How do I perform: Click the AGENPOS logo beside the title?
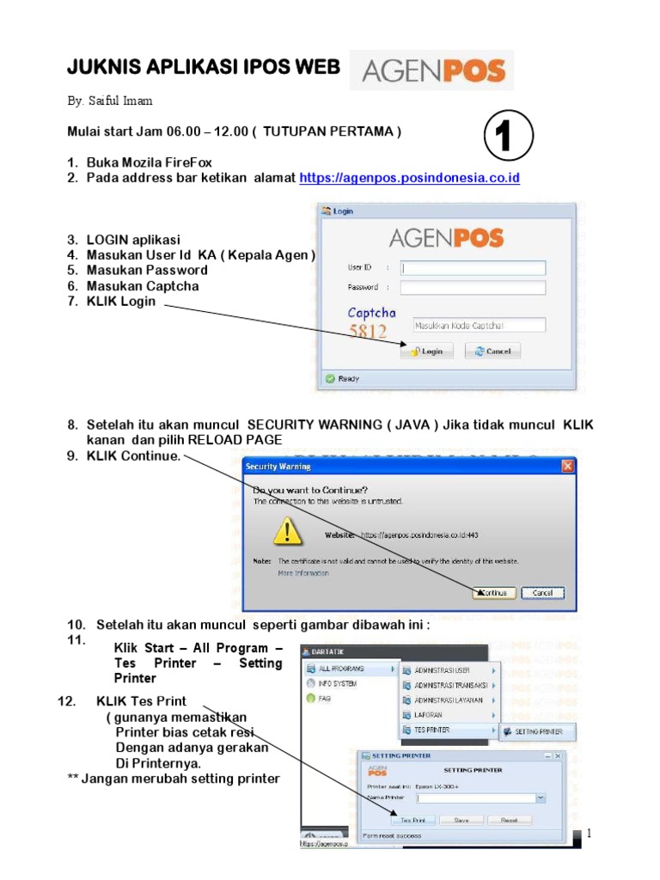(x=433, y=70)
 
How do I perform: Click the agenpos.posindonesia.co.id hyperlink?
(x=409, y=178)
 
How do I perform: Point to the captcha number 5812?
(x=368, y=331)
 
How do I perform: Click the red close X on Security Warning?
(x=567, y=466)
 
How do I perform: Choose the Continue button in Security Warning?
(x=494, y=593)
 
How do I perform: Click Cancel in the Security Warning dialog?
(x=542, y=593)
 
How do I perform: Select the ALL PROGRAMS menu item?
(x=344, y=668)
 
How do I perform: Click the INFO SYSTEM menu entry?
(x=337, y=684)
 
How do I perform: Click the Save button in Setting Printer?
(x=461, y=820)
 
